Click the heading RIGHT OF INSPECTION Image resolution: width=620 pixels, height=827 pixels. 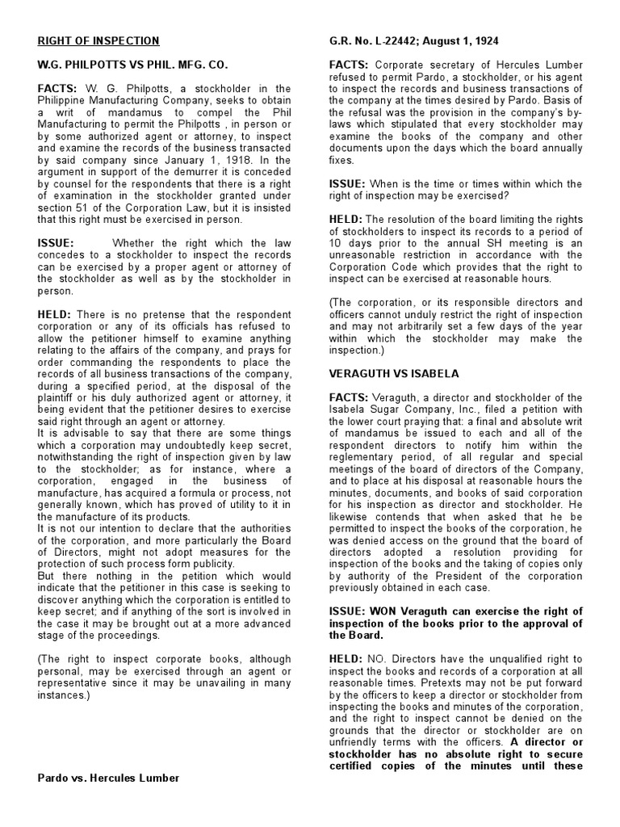click(x=98, y=41)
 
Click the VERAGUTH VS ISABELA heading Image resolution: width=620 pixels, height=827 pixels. click(x=394, y=374)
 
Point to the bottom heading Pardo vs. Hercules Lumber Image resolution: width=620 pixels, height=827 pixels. click(x=109, y=778)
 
